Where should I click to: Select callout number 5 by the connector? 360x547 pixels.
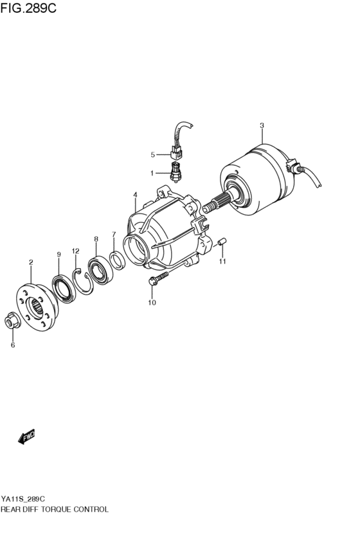[x=153, y=154]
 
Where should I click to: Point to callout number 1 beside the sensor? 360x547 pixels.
[x=153, y=173]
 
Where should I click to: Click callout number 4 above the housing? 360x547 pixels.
[x=135, y=195]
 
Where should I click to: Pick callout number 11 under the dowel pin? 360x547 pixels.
[x=222, y=262]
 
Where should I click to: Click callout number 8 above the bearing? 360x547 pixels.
[x=96, y=239]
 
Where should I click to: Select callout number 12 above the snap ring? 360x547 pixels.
[x=75, y=251]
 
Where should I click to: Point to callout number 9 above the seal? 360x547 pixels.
[x=59, y=255]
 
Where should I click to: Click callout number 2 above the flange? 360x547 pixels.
[x=31, y=262]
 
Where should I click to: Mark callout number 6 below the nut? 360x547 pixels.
[x=12, y=345]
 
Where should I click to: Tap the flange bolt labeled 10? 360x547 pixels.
[x=157, y=278]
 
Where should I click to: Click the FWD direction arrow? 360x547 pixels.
[x=26, y=438]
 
